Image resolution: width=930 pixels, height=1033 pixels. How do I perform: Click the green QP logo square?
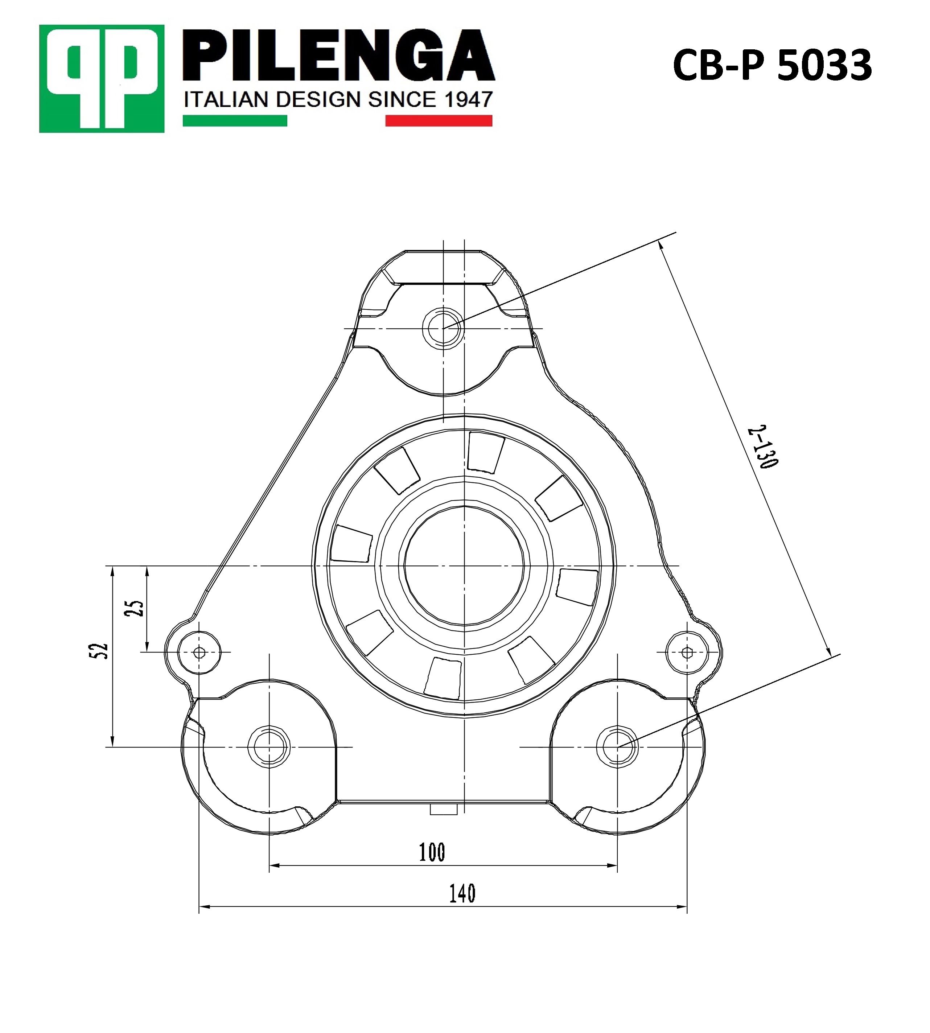coord(102,79)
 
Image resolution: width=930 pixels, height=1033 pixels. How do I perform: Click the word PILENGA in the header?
coord(339,56)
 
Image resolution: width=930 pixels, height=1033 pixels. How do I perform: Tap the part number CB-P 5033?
coord(772,65)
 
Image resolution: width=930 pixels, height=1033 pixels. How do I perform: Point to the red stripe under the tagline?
coord(439,120)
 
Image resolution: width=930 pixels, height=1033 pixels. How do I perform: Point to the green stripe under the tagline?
coord(235,120)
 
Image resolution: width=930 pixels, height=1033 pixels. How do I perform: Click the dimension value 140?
coord(462,893)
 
